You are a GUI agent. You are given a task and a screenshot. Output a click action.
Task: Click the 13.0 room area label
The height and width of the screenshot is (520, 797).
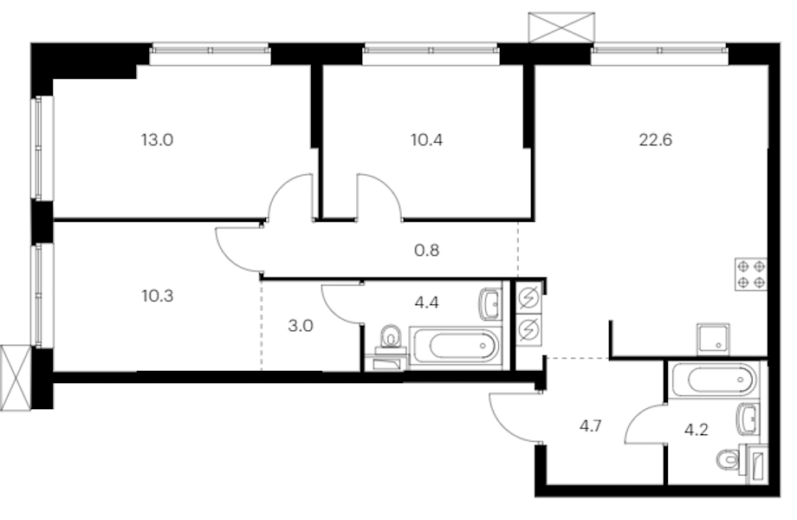click(157, 140)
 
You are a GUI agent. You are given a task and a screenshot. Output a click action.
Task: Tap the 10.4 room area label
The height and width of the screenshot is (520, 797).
click(426, 140)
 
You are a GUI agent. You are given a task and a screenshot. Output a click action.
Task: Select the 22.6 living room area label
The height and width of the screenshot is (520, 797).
click(655, 140)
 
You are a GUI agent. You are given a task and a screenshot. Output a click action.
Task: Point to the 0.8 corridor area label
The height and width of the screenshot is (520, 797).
click(426, 250)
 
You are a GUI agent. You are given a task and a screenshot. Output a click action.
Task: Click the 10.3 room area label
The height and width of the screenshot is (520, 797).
click(158, 296)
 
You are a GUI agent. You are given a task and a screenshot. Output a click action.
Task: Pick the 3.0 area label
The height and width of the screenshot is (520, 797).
click(301, 325)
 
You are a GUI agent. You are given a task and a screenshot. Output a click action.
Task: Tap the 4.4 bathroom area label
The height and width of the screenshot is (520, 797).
click(426, 302)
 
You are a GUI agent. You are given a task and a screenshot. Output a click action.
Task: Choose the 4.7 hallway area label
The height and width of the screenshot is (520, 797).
click(591, 426)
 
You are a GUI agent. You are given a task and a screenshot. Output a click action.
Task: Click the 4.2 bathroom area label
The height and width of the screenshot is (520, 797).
click(696, 430)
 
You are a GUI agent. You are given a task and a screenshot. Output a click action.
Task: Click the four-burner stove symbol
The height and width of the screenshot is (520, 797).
click(751, 275)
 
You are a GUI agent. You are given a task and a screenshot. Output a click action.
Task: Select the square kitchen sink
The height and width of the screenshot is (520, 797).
click(713, 339)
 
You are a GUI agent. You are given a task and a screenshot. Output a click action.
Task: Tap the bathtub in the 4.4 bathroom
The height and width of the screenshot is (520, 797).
click(455, 348)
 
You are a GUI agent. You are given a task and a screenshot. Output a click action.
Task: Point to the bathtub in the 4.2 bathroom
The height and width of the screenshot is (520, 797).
click(714, 380)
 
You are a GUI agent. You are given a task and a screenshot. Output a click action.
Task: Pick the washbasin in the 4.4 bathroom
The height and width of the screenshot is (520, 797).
click(490, 304)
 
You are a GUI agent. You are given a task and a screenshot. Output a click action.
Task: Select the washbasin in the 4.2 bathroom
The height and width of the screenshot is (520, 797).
click(748, 419)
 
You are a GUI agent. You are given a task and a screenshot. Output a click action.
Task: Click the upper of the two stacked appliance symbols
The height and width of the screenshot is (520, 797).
click(528, 297)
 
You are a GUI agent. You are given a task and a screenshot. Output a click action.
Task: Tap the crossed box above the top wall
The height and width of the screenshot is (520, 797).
click(561, 28)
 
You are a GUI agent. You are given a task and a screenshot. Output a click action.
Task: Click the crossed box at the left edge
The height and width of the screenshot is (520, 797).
click(16, 378)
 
